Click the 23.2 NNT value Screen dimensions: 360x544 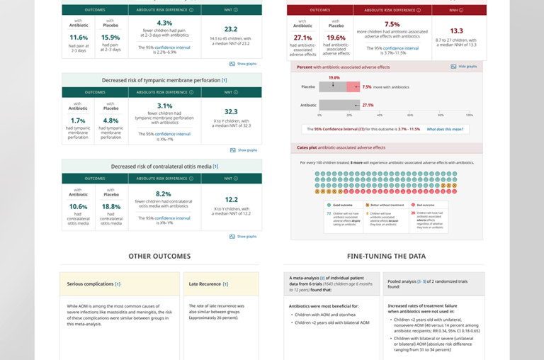click(x=231, y=29)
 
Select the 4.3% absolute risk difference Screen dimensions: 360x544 click(x=164, y=23)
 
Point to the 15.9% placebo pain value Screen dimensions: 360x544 click(x=110, y=38)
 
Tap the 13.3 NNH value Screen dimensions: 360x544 click(x=457, y=30)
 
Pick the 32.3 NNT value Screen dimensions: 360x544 click(x=231, y=111)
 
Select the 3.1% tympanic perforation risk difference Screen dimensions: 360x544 click(x=164, y=106)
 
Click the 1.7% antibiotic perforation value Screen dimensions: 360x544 click(x=79, y=120)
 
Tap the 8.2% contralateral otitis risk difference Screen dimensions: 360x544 click(x=164, y=193)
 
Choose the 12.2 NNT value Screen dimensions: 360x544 click(x=231, y=199)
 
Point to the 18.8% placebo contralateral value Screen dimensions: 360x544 click(x=110, y=207)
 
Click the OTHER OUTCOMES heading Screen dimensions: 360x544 click(x=159, y=256)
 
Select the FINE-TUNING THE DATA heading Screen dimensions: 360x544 click(x=386, y=256)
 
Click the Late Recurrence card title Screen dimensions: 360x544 click(x=208, y=284)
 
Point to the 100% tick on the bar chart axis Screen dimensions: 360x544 click(x=469, y=114)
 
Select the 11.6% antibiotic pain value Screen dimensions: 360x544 click(x=79, y=38)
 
